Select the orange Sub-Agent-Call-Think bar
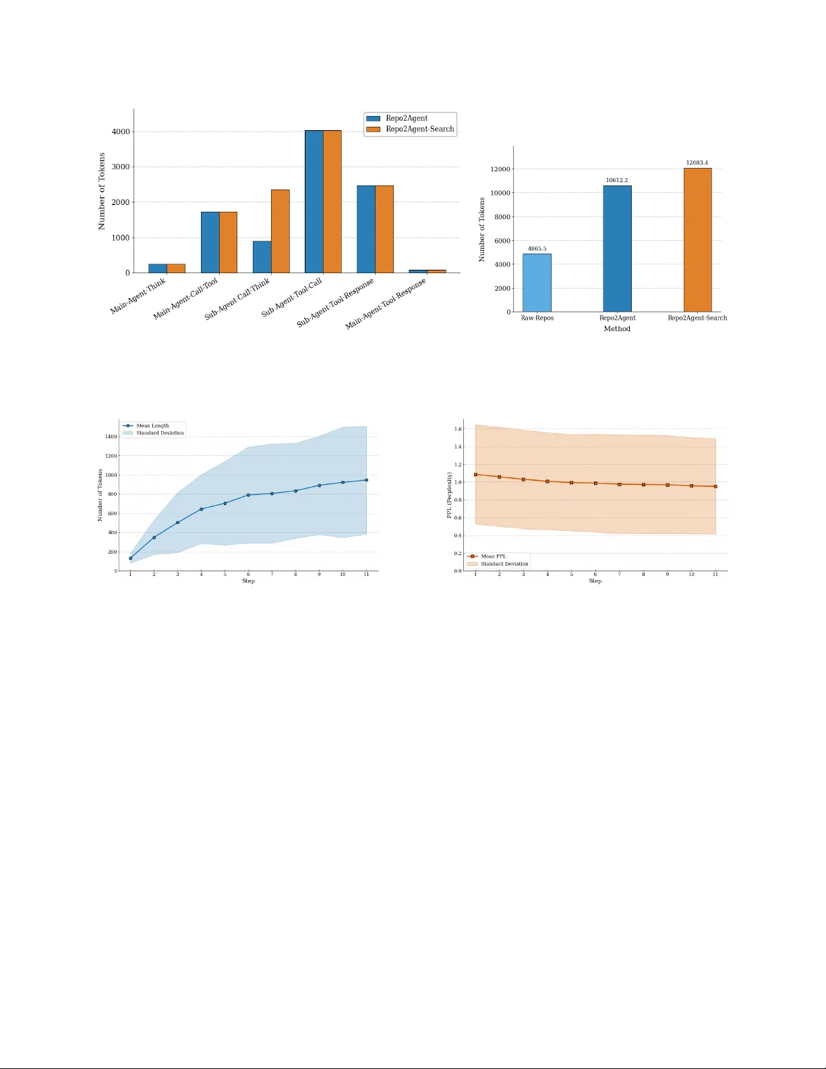click(x=281, y=231)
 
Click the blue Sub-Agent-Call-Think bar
click(x=262, y=257)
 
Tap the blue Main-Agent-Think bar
click(x=158, y=268)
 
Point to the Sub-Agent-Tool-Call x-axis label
click(x=293, y=297)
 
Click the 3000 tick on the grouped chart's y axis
click(x=121, y=167)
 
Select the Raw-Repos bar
click(x=537, y=283)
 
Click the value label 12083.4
click(x=697, y=163)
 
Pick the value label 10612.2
click(x=617, y=180)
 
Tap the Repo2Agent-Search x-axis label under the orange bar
click(x=697, y=318)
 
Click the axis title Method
click(x=617, y=329)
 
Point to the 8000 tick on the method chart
click(x=502, y=217)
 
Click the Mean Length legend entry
click(x=152, y=426)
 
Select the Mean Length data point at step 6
click(x=248, y=495)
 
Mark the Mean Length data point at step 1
click(x=131, y=558)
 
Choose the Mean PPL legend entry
click(x=493, y=556)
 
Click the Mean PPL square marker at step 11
click(x=715, y=486)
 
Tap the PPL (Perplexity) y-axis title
click(x=450, y=495)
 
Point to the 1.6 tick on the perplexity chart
click(x=458, y=429)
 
